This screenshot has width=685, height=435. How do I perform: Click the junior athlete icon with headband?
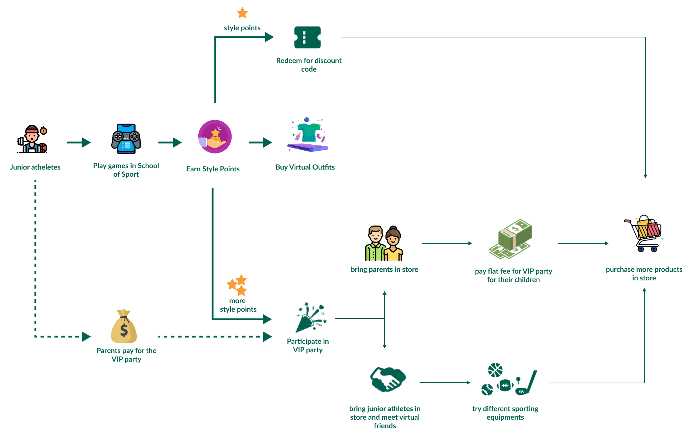pos(32,139)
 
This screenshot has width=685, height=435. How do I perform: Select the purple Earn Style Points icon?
pos(215,137)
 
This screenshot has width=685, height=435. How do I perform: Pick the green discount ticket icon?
pos(307,37)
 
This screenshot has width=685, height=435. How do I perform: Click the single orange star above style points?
pos(242,13)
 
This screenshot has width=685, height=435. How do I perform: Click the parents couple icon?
pos(384,244)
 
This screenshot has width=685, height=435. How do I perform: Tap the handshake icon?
pos(388,379)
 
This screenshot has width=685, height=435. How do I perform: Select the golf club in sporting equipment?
pos(527,383)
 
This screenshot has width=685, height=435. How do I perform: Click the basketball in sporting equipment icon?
pos(495,370)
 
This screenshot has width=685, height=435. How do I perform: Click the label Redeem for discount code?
pos(309,65)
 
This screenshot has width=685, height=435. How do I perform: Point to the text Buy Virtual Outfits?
pos(305,167)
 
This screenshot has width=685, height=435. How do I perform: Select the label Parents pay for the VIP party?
pos(126,355)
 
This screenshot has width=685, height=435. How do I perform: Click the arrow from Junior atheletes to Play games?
pos(79,143)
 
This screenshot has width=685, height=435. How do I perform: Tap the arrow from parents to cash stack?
pos(447,243)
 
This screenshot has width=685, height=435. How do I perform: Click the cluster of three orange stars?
pos(237,285)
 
